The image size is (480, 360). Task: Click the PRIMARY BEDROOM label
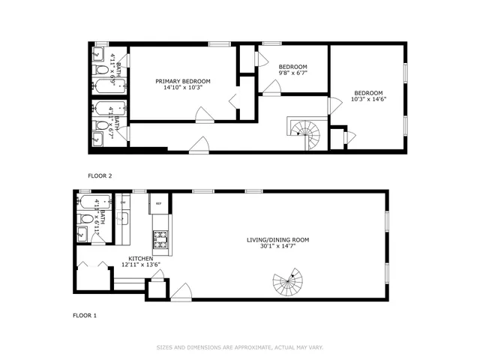point(182,81)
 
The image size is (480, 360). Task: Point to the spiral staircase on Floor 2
point(306,134)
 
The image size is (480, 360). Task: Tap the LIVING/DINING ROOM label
point(278,240)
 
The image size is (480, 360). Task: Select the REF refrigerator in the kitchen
point(158,203)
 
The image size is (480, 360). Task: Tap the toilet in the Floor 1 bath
point(85,220)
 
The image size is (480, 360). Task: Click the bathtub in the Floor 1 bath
point(87,203)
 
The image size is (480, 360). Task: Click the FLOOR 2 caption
point(100,175)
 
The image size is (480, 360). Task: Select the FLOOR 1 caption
point(84,316)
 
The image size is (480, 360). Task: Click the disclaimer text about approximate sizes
point(240,347)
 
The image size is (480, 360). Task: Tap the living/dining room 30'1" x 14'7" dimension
point(278,247)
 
